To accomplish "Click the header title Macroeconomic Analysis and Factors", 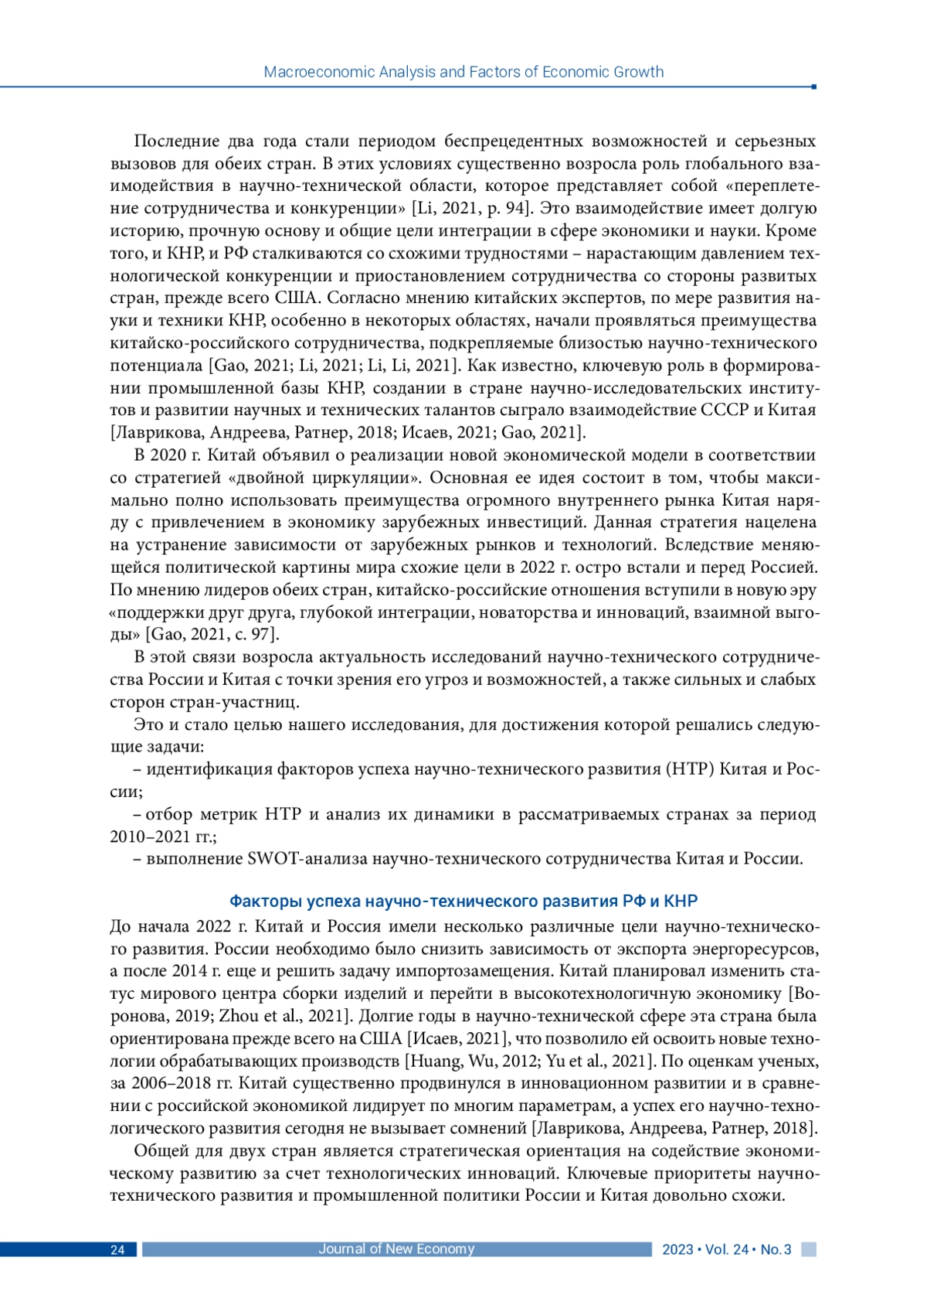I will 463,72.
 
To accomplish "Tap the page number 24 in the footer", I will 117,1250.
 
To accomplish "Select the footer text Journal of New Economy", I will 396,1249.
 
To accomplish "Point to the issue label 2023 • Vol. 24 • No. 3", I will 726,1250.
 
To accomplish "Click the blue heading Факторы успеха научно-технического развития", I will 463,901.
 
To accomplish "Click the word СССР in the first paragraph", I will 725,410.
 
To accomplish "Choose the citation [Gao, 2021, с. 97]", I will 212,635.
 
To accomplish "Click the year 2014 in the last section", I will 189,971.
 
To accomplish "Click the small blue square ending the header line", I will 814,87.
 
